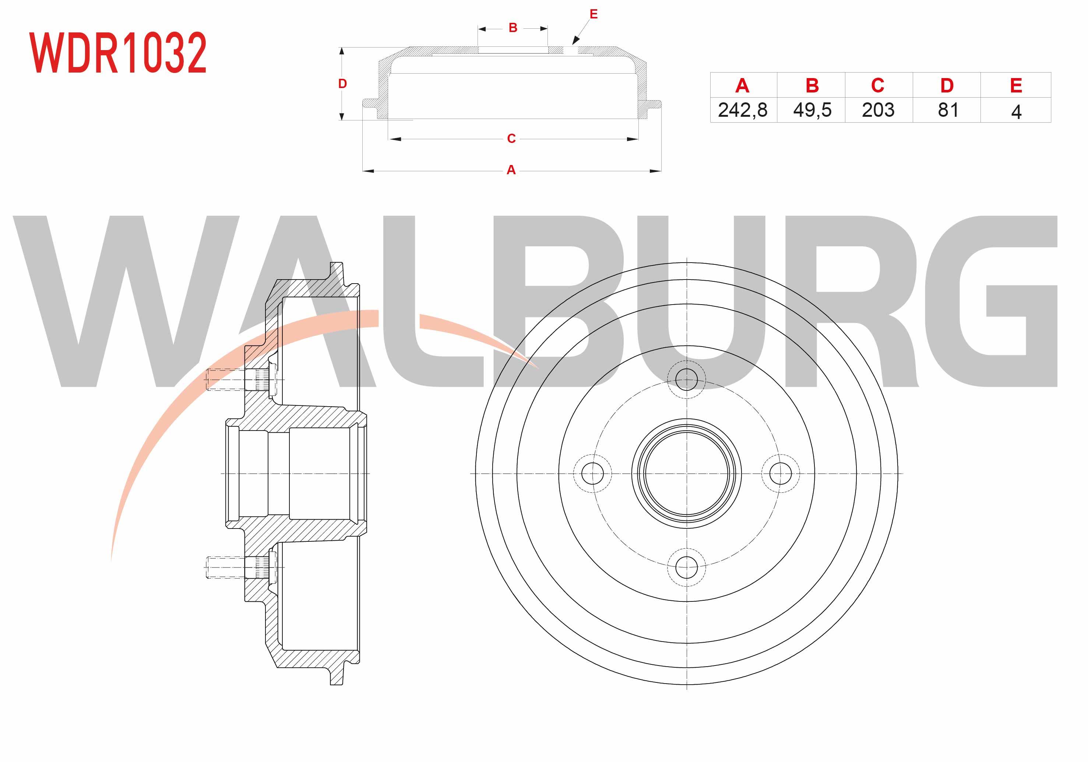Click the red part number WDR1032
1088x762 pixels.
coord(118,53)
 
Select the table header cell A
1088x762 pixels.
coord(742,86)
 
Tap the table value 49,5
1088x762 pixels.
coord(812,110)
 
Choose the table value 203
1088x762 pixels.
coord(878,110)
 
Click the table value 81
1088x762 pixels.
coord(948,110)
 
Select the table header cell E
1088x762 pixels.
coord(1016,86)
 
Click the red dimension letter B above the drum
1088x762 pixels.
coord(513,28)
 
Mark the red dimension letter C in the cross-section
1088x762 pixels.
coord(511,138)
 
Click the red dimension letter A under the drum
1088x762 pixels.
coord(511,170)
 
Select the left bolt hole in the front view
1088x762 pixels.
coord(592,473)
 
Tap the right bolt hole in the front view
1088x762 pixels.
coord(781,473)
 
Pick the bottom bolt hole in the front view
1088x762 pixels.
coord(686,567)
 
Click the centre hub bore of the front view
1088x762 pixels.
coord(686,473)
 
